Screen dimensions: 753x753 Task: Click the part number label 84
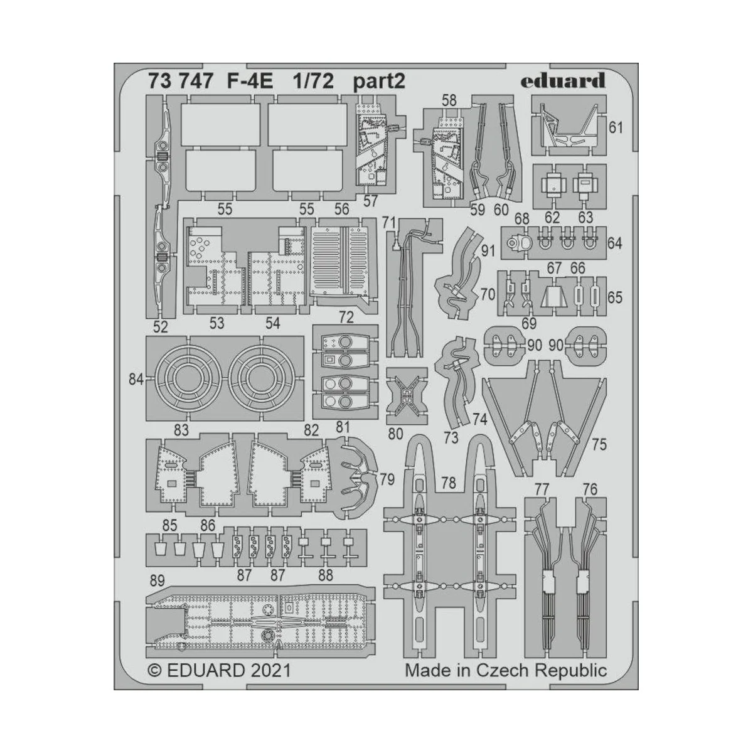click(x=137, y=379)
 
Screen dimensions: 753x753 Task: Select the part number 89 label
click(x=158, y=579)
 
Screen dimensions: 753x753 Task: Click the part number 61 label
click(x=616, y=128)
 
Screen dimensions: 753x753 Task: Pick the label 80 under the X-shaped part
click(x=396, y=432)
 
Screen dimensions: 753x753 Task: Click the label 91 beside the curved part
click(x=488, y=252)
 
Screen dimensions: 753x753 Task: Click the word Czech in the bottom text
click(x=503, y=671)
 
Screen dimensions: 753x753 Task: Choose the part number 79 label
click(x=387, y=481)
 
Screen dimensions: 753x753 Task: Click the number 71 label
click(x=389, y=223)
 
